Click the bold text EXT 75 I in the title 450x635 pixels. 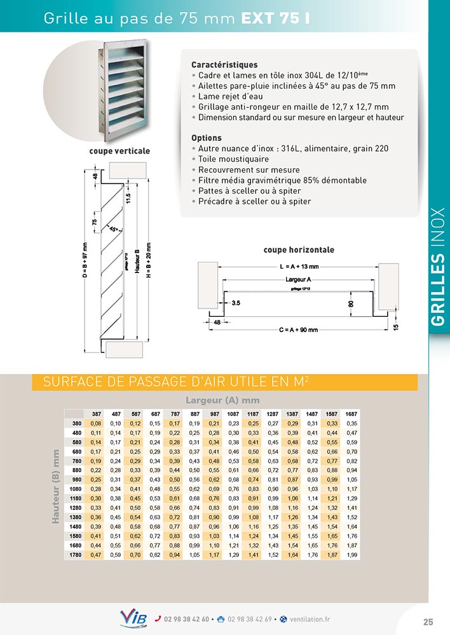tap(275, 18)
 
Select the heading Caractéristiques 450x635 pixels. tap(224, 65)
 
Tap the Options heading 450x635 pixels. tap(207, 138)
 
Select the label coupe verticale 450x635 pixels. tap(119, 151)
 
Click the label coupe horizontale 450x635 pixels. tap(299, 250)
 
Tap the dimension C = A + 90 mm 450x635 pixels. tap(299, 330)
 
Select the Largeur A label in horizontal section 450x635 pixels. tap(299, 279)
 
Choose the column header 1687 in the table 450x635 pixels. tap(351, 413)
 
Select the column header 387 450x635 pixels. tap(97, 413)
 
